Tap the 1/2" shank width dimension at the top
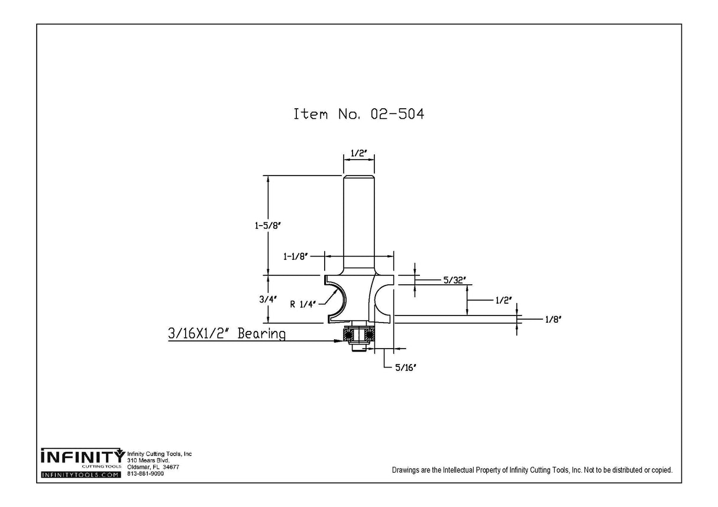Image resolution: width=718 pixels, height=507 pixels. click(358, 154)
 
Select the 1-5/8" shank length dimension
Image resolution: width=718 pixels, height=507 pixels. click(267, 225)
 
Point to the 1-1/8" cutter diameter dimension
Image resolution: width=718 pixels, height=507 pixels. click(295, 256)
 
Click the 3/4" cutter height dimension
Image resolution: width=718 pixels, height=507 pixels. click(267, 300)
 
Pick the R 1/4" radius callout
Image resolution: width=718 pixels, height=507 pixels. click(303, 304)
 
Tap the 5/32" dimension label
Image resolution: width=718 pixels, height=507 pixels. click(454, 281)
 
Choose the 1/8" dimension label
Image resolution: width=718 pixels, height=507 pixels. click(552, 320)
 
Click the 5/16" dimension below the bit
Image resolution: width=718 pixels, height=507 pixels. click(406, 368)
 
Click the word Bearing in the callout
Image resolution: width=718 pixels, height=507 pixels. click(261, 334)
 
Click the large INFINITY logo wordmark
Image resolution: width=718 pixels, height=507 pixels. click(82, 457)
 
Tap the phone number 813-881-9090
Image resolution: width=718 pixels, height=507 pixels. click(145, 473)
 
